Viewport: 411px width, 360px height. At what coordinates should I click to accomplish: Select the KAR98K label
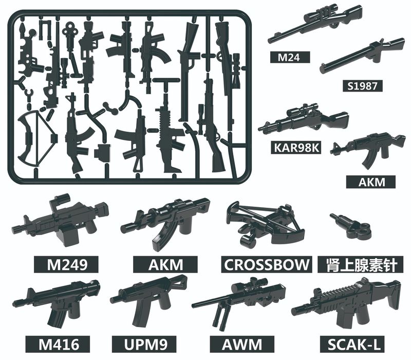click(296, 148)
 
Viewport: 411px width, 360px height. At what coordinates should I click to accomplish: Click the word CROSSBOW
click(267, 264)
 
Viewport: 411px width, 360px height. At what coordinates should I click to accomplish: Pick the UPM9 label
click(147, 343)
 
